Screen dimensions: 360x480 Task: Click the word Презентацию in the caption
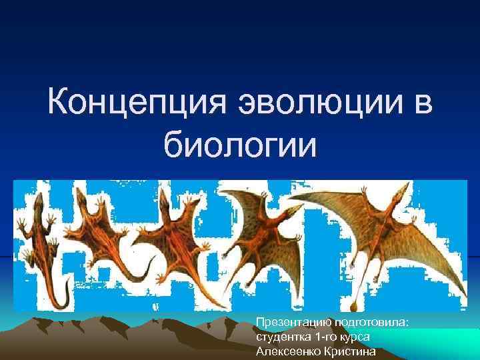pyautogui.click(x=289, y=323)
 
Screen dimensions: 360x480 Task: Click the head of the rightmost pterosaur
pyautogui.click(x=398, y=195)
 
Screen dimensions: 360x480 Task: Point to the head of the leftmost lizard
pyautogui.click(x=38, y=200)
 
